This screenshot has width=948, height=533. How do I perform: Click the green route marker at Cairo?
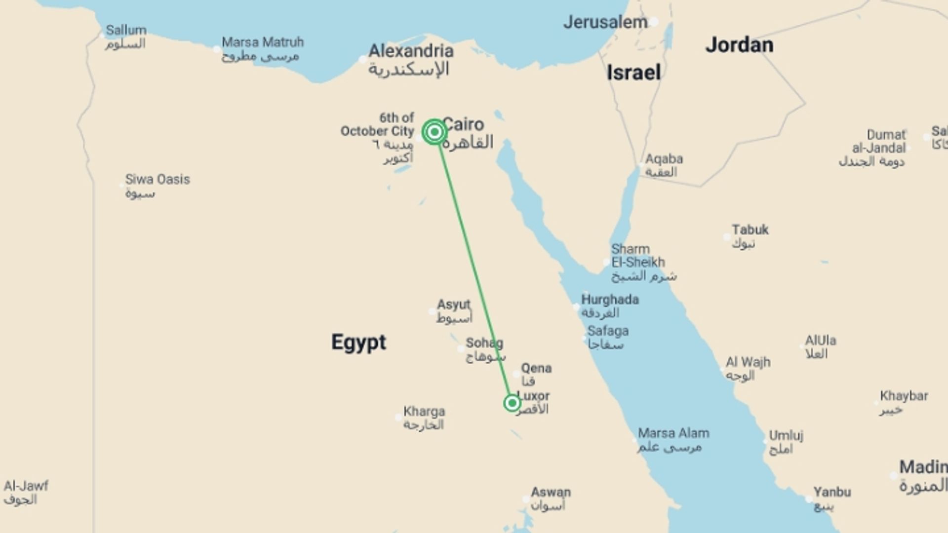[434, 132]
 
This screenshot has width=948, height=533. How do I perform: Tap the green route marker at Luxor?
[512, 403]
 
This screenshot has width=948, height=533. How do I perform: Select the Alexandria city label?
[411, 51]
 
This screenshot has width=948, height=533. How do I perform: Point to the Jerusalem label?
[605, 22]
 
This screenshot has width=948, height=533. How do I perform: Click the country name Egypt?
[358, 342]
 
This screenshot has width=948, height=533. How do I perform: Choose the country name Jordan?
[739, 45]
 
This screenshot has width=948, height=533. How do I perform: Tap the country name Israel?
[633, 73]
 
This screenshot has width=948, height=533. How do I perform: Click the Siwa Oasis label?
[157, 180]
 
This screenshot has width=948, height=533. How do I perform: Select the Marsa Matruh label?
[262, 42]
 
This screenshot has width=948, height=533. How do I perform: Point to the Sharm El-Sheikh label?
[638, 256]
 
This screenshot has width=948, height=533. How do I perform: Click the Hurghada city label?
[610, 300]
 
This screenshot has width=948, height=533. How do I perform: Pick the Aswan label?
[551, 493]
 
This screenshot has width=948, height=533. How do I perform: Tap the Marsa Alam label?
[673, 433]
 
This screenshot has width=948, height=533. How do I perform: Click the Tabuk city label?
[750, 230]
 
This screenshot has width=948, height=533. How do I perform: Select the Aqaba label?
[664, 159]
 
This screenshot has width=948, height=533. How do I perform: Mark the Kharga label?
[424, 412]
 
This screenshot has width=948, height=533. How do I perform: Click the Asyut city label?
[453, 305]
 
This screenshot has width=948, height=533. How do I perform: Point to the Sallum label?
[126, 31]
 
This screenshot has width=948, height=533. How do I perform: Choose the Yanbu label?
[832, 492]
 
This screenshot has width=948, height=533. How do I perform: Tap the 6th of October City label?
[378, 125]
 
